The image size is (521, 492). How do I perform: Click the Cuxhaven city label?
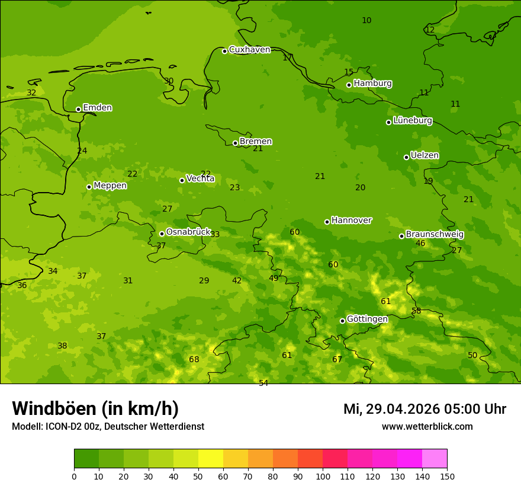249,50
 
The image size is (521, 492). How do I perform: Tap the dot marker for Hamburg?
349,85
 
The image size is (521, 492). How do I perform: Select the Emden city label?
97,108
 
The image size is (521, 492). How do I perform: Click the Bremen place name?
256,142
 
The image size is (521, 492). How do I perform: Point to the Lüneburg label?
413,120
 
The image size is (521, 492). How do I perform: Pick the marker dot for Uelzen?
407,157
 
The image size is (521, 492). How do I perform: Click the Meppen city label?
110,186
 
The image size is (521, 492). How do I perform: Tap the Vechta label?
200,178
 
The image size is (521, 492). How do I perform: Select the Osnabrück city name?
188,232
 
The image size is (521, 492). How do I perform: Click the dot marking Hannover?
327,222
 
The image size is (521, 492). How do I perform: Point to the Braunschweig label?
435,235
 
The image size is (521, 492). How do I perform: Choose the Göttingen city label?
367,319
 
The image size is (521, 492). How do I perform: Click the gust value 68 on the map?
194,359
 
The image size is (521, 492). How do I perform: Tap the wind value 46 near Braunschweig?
420,244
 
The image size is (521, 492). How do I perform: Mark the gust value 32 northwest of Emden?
31,93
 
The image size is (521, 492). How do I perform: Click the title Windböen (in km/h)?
95,408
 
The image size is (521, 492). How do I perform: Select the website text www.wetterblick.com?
427,426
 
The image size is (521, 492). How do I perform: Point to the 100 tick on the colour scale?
323,476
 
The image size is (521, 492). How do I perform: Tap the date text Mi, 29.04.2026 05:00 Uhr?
424,409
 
